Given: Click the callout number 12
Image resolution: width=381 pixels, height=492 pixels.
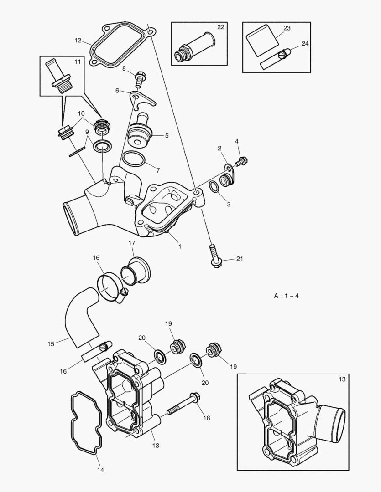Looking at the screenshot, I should (78, 41).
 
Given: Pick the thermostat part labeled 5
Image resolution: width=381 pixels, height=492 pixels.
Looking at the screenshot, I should (139, 133).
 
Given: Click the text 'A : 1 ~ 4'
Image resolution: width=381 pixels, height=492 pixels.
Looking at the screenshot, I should (287, 296).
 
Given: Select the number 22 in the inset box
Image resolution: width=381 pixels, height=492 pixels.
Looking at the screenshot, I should (221, 27).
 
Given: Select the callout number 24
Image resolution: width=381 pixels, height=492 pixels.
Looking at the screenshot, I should (305, 44).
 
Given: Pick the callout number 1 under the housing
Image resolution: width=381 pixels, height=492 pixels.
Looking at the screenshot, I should (180, 246).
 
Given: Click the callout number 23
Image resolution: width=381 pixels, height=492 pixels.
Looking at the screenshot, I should (287, 28).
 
